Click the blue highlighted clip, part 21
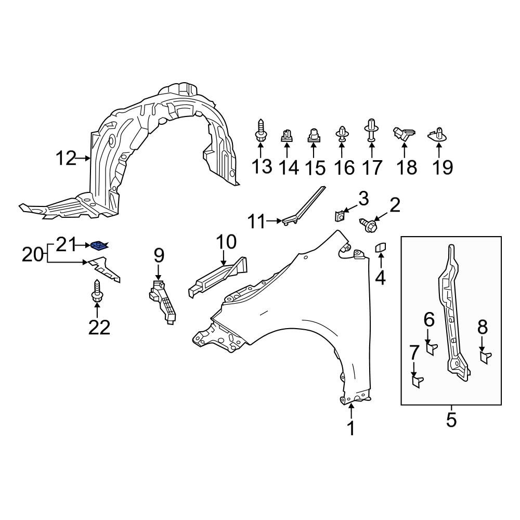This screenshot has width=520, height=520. click(x=98, y=245)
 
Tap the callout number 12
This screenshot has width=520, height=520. click(x=66, y=158)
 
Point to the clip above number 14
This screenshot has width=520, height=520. click(x=286, y=136)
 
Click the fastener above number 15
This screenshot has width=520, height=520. click(x=314, y=136)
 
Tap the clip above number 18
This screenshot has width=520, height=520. click(x=405, y=133)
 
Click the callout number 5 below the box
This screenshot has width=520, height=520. click(x=451, y=419)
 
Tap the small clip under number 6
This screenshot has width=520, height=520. click(x=431, y=347)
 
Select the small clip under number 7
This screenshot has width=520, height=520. click(x=417, y=382)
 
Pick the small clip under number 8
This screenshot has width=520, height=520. click(x=484, y=357)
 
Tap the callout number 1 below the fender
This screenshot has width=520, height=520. click(x=351, y=428)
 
